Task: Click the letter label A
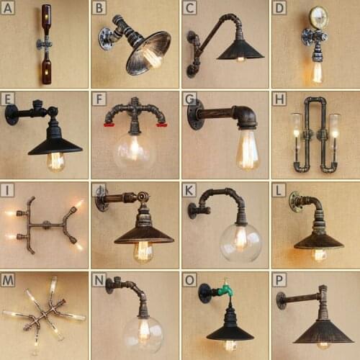coord(8,8)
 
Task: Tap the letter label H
coord(279,98)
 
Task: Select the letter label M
coord(9,279)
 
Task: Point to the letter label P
coord(279,279)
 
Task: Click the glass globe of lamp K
coord(240,242)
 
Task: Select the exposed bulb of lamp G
coord(247,149)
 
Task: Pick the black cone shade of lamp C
coord(240,50)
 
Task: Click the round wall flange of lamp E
coord(12,114)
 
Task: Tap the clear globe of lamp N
coord(143,333)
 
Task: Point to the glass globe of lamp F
coord(135,150)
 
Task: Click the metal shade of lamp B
coord(150,53)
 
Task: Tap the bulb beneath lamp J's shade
coord(143,250)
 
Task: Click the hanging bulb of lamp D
coord(317,71)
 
